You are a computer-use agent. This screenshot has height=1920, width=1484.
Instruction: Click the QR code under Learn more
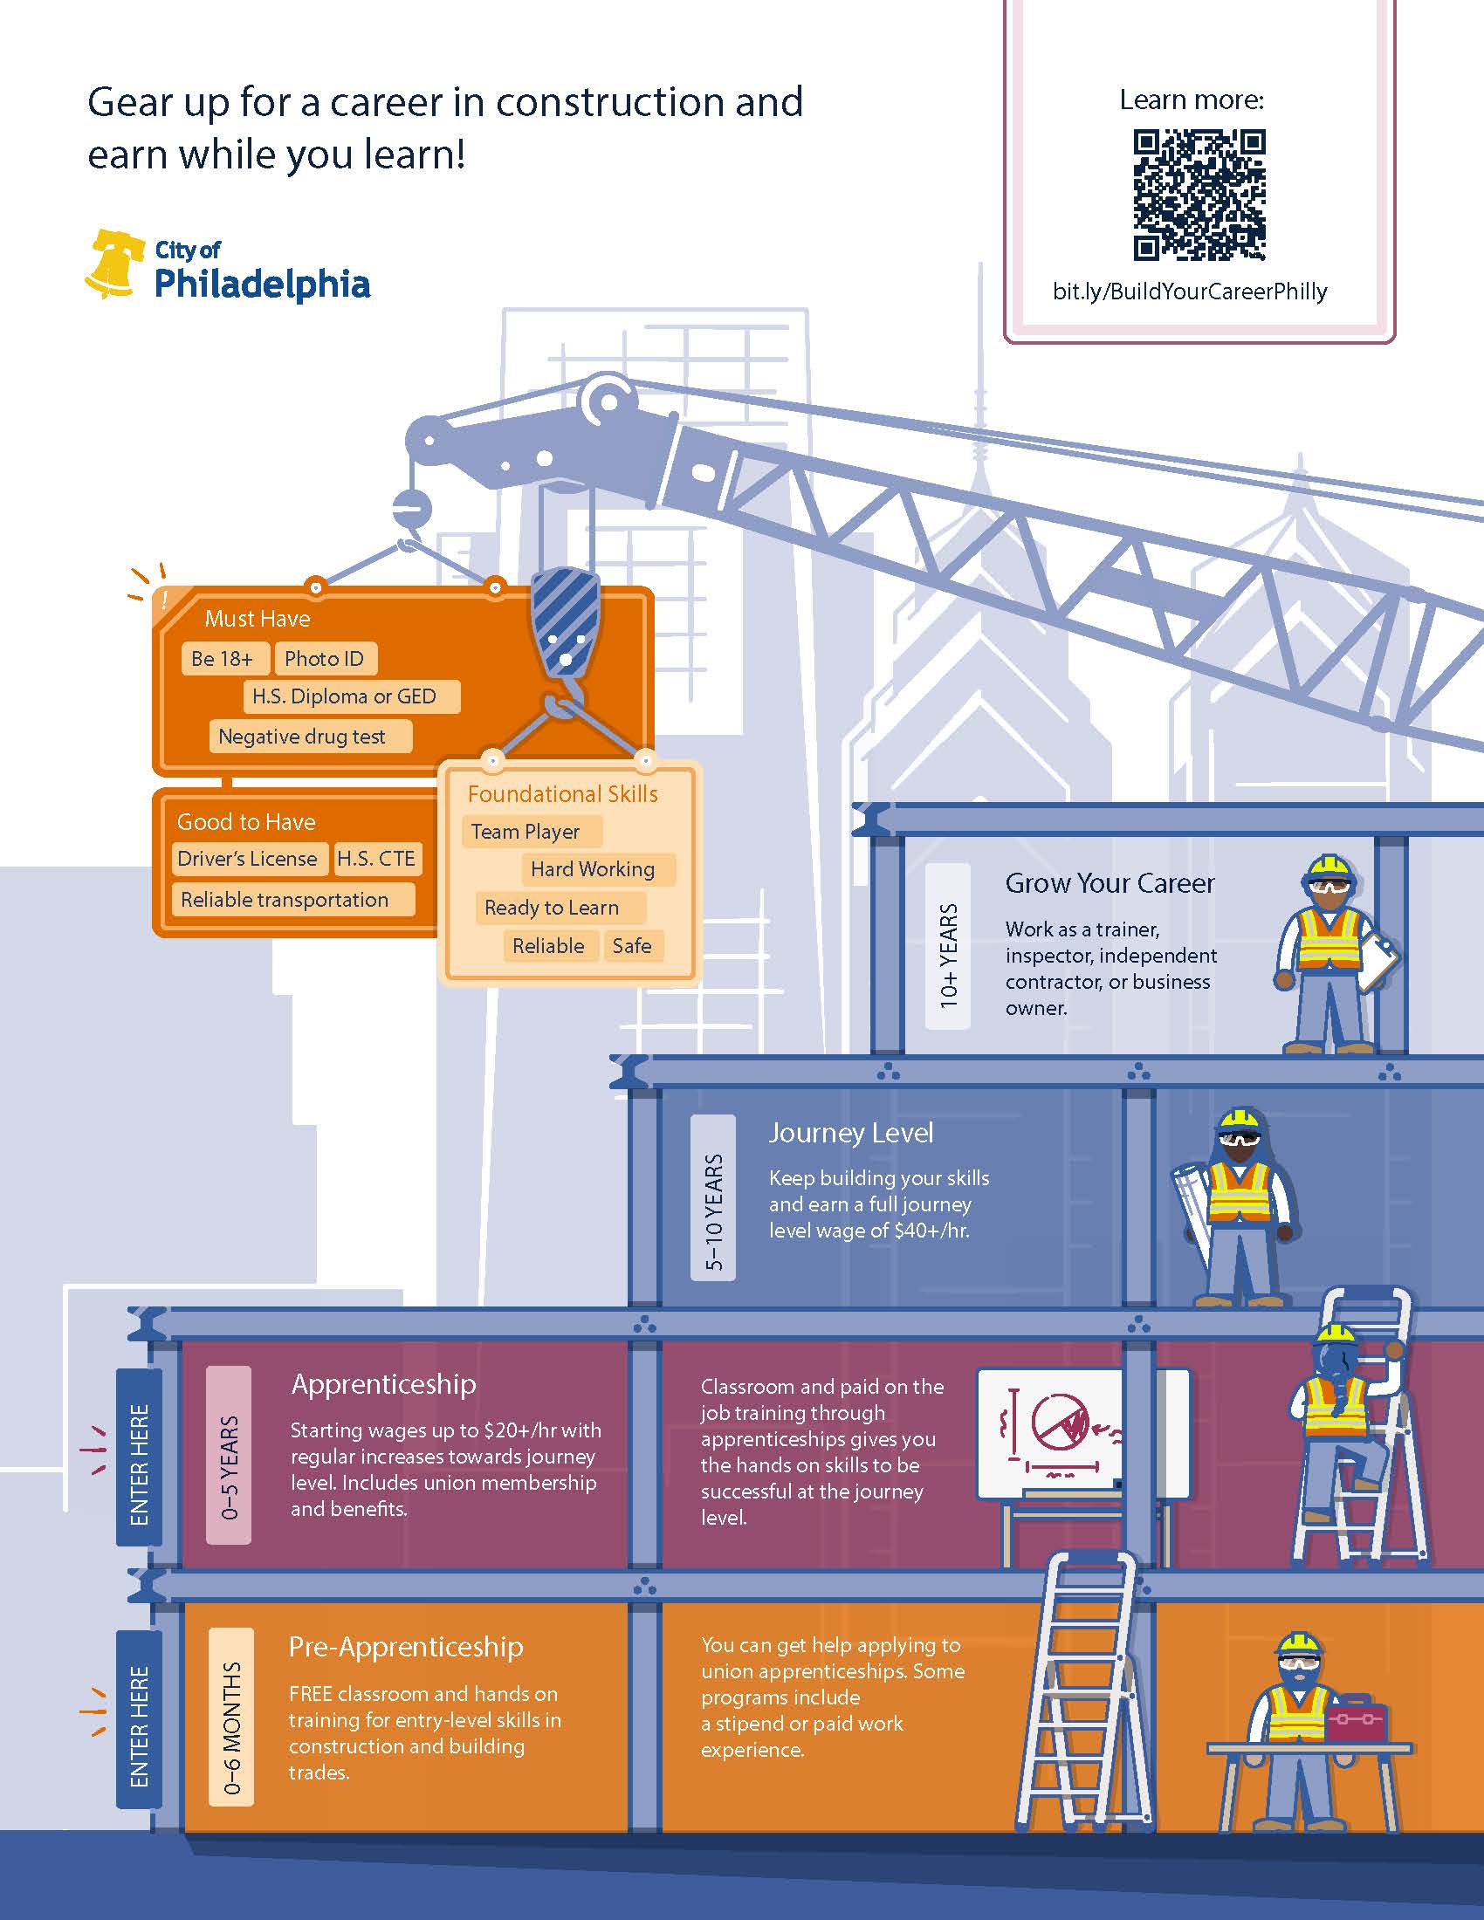1199,195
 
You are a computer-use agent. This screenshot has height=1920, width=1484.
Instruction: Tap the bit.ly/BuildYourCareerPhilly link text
1190,291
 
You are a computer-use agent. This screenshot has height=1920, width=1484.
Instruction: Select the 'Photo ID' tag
326,658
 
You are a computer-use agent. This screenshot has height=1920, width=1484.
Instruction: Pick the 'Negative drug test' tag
311,737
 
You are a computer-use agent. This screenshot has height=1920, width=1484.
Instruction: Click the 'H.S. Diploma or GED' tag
352,696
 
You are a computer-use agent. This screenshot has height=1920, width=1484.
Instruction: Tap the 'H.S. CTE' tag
376,859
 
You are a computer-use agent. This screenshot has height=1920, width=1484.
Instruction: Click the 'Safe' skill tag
633,946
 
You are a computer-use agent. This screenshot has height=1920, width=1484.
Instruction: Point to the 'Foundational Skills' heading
563,794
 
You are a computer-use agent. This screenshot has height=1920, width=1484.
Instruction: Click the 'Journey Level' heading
851,1132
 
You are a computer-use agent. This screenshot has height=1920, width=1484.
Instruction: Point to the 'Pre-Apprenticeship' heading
406,1647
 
